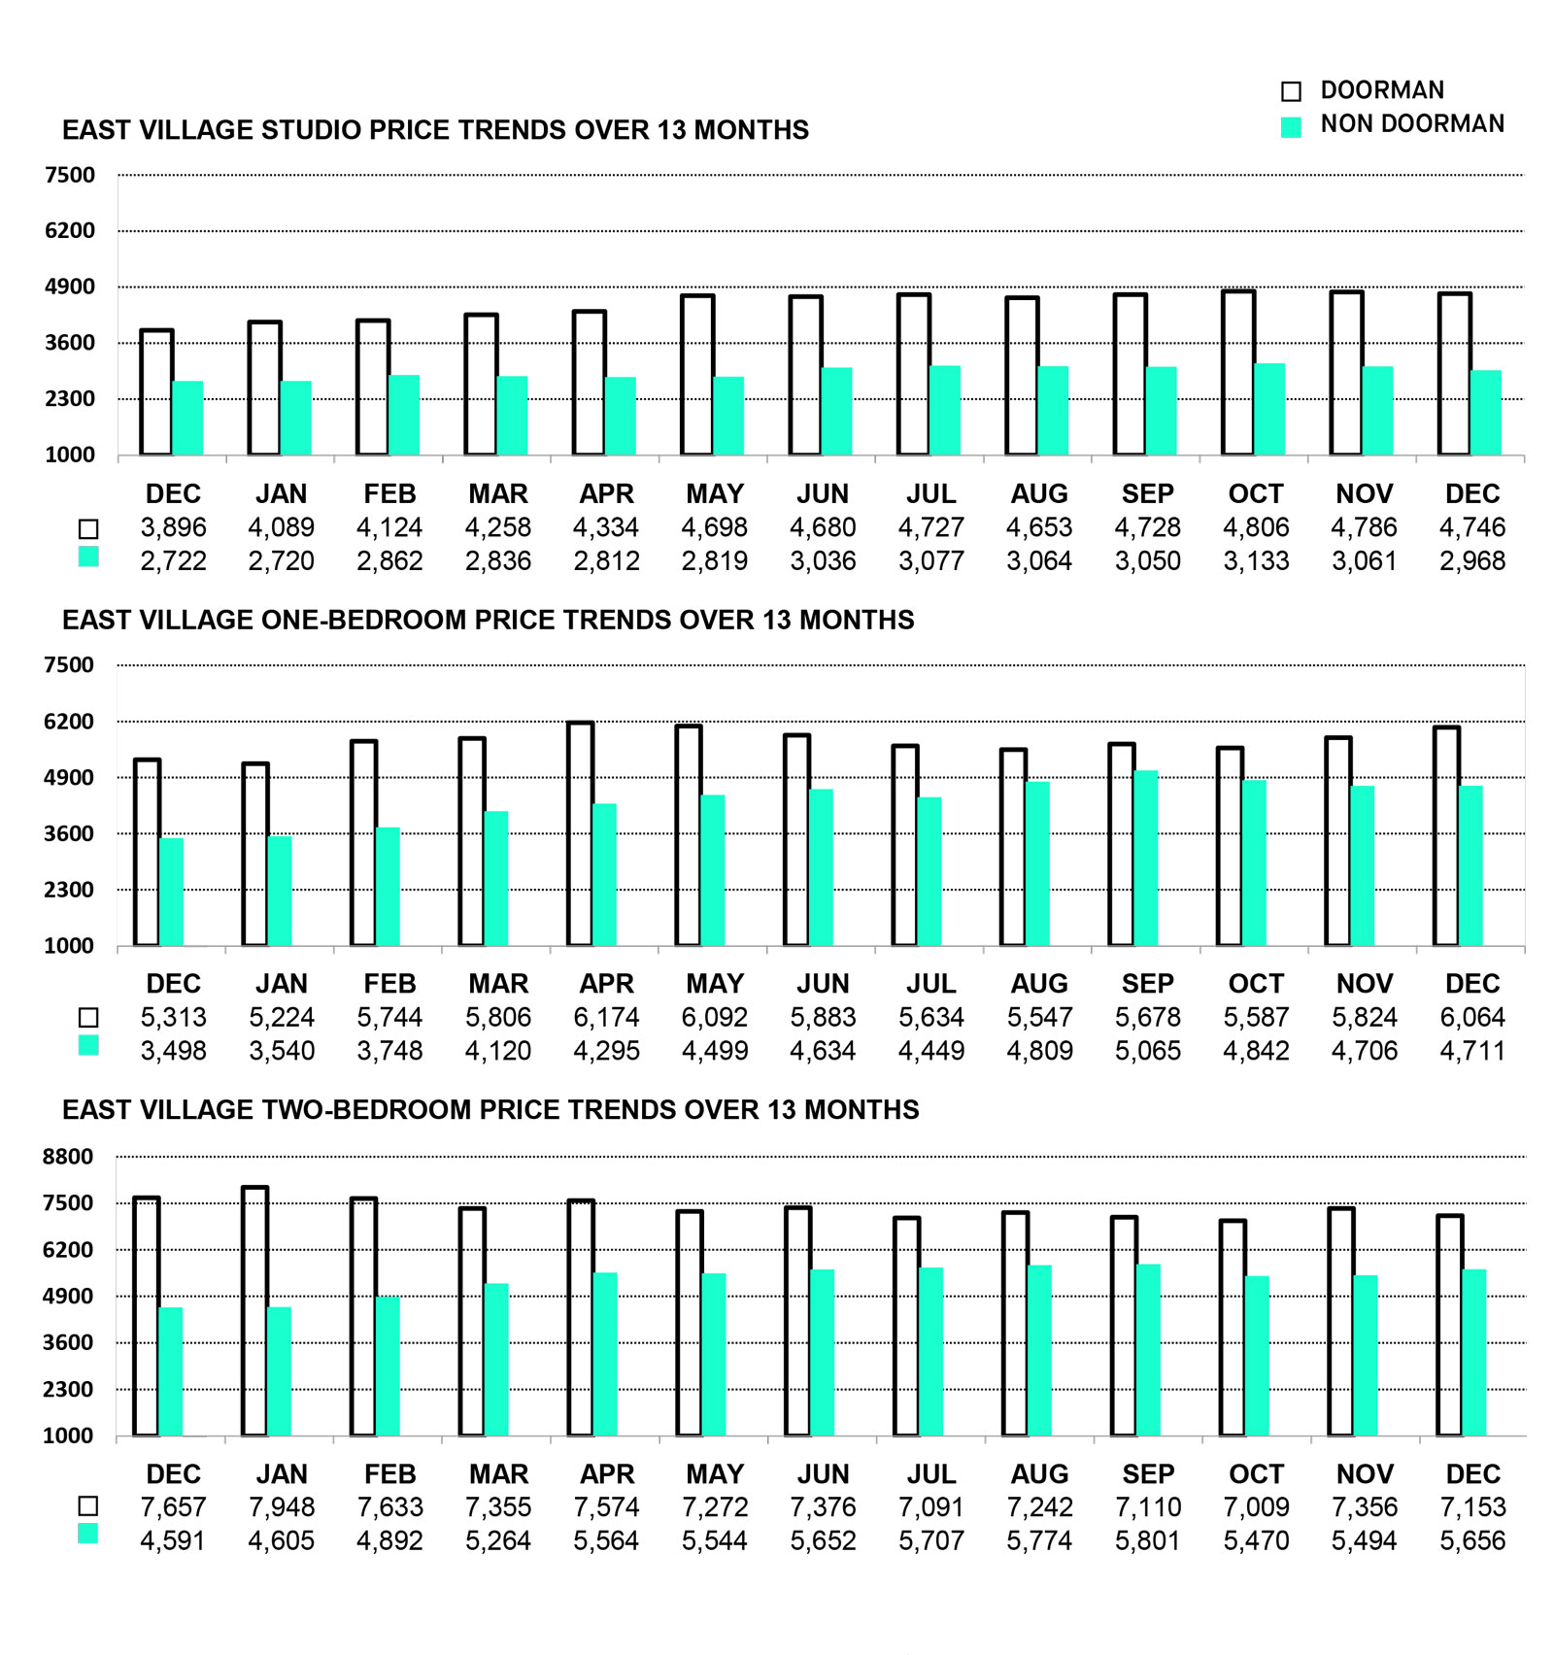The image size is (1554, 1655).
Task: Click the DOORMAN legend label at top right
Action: coord(1381,90)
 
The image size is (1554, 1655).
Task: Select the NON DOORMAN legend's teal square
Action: coord(1291,127)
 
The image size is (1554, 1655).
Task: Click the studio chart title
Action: coord(435,130)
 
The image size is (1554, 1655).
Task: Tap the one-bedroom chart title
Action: coord(488,620)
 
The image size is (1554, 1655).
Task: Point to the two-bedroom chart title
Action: coord(490,1109)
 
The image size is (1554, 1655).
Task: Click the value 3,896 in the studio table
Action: coord(173,527)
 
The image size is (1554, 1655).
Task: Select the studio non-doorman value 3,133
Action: coord(1256,560)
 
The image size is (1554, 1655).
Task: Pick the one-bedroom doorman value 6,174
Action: coord(606,1017)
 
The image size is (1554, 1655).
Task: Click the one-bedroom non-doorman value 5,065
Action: coord(1147,1050)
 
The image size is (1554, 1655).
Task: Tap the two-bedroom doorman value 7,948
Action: coord(282,1506)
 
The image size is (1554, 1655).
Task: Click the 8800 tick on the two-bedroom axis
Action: coord(68,1156)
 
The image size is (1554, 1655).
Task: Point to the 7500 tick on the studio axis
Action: coord(70,176)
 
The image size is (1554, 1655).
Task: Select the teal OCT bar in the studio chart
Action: coord(1269,409)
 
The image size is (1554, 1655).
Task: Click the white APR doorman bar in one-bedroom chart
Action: coord(580,833)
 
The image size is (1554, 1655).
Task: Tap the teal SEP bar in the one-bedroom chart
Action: coord(1145,858)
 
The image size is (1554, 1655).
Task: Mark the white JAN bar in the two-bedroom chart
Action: coord(254,1310)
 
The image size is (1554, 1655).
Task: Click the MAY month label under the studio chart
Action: coord(714,493)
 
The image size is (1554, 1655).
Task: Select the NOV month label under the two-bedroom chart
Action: coord(1364,1473)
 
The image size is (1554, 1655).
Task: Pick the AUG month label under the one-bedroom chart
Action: coord(1038,983)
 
